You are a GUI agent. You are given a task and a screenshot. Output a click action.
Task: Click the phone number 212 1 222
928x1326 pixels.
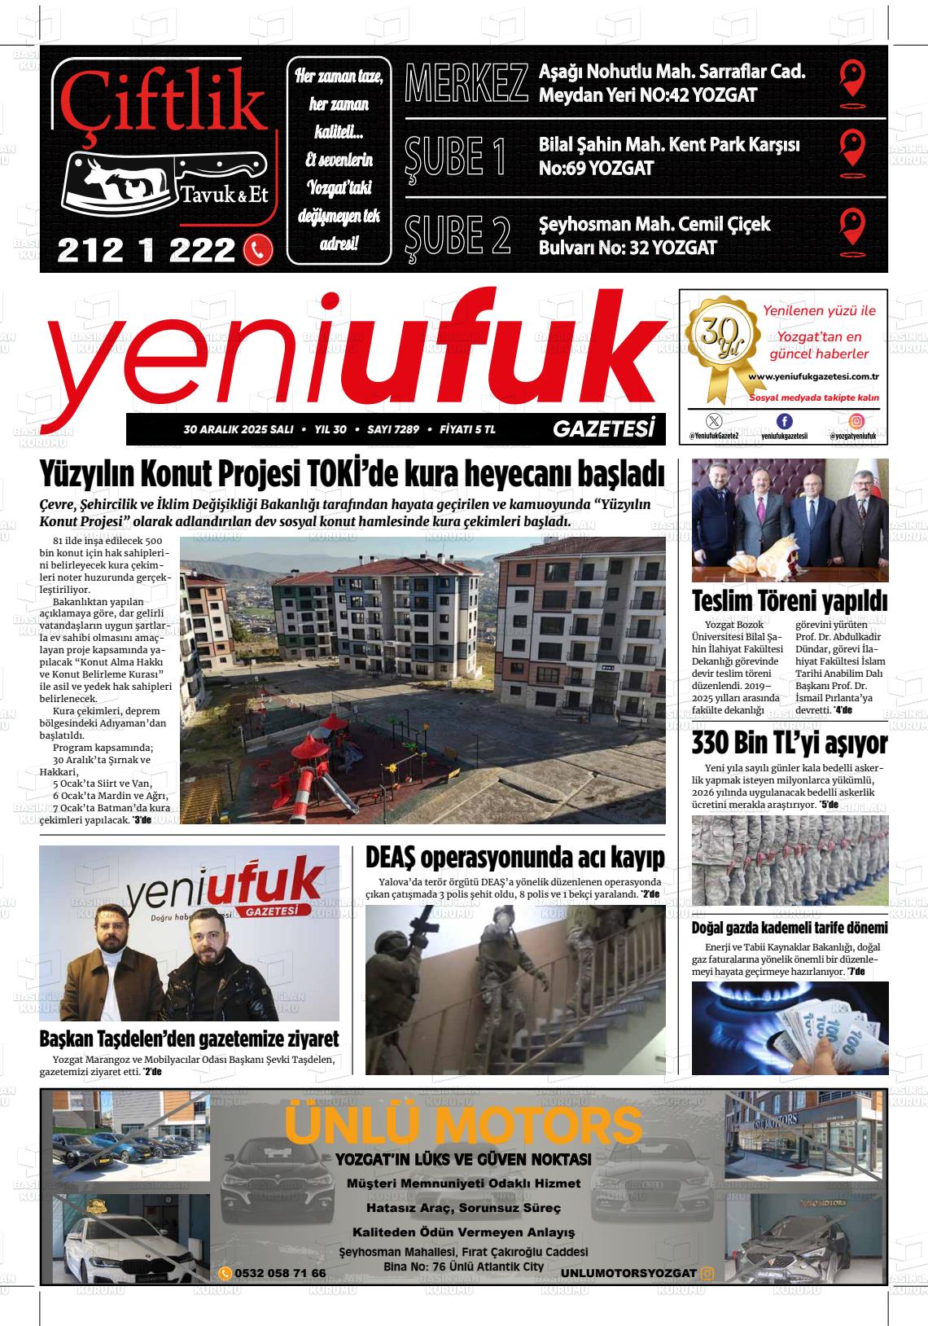[147, 250]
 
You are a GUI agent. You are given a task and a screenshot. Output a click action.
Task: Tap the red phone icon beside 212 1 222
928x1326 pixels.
[258, 250]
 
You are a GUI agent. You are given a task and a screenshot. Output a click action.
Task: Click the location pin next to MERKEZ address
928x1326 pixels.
[851, 80]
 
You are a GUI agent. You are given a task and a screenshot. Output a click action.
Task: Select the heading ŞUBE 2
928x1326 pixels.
[457, 234]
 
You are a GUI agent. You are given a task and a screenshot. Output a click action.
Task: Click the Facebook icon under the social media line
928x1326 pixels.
[784, 421]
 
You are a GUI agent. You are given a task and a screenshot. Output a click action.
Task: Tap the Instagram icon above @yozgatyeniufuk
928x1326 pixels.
[856, 421]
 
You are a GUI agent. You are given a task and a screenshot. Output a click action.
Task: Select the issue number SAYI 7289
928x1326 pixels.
[393, 429]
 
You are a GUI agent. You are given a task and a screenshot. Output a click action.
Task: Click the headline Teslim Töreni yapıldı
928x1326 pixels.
[789, 602]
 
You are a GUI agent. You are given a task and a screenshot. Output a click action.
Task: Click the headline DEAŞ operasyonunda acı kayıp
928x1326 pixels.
[514, 858]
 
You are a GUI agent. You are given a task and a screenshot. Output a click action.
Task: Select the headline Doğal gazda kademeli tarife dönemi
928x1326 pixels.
[789, 928]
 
